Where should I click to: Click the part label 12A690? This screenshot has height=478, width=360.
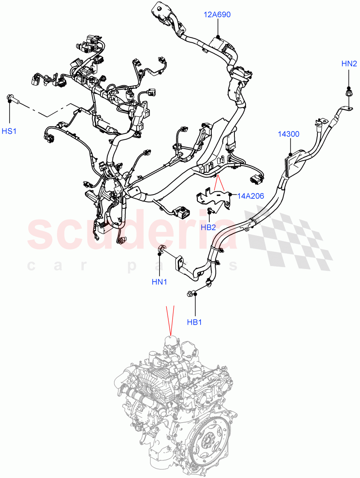tap(217, 15)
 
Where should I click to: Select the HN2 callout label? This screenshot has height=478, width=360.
tap(349, 63)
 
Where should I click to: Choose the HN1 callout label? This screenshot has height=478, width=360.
tap(159, 282)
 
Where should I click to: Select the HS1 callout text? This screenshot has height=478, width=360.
tap(9, 131)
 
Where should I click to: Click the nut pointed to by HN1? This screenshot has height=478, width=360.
tap(161, 250)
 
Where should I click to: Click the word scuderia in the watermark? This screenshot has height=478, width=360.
tap(132, 233)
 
